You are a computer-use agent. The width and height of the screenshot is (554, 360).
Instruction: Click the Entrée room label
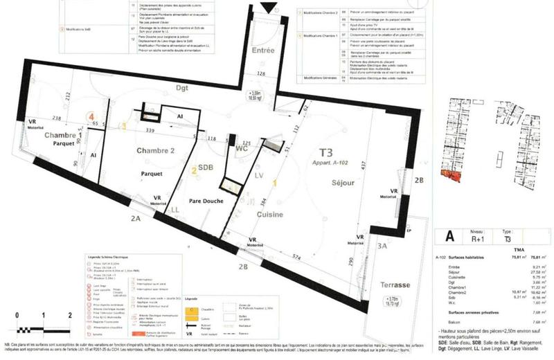(264, 51)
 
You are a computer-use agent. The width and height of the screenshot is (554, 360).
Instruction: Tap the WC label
(222, 148)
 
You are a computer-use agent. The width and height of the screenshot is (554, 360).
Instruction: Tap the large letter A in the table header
(450, 236)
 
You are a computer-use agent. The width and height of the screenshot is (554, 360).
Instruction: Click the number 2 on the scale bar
(70, 314)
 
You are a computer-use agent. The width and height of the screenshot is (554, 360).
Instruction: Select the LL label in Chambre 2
(175, 208)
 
